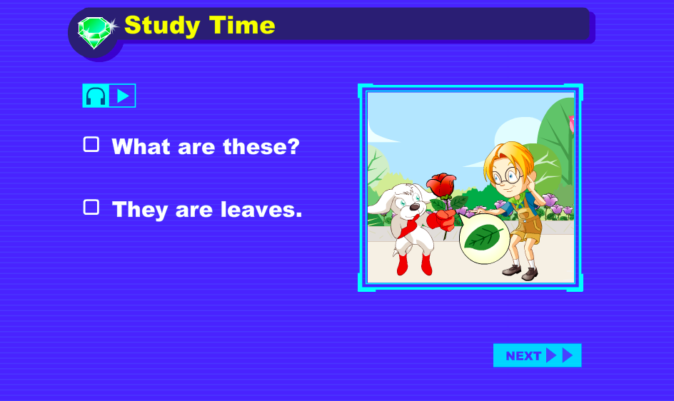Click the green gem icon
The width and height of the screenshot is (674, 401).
click(x=95, y=32)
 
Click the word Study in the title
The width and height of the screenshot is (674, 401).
click(x=162, y=26)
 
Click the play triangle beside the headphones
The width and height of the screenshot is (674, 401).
click(x=123, y=96)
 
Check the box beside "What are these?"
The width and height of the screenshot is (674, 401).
click(x=91, y=144)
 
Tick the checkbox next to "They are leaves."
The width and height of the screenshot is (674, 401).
click(x=91, y=207)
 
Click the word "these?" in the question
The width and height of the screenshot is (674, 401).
click(x=261, y=146)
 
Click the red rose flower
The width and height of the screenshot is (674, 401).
click(x=441, y=185)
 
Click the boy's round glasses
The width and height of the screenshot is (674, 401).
click(x=507, y=176)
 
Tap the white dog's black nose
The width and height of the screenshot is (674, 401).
click(x=414, y=207)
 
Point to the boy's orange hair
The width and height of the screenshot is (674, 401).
click(x=509, y=158)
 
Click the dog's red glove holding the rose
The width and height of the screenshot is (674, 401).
click(x=441, y=219)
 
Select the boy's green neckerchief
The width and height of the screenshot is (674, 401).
click(x=519, y=200)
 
